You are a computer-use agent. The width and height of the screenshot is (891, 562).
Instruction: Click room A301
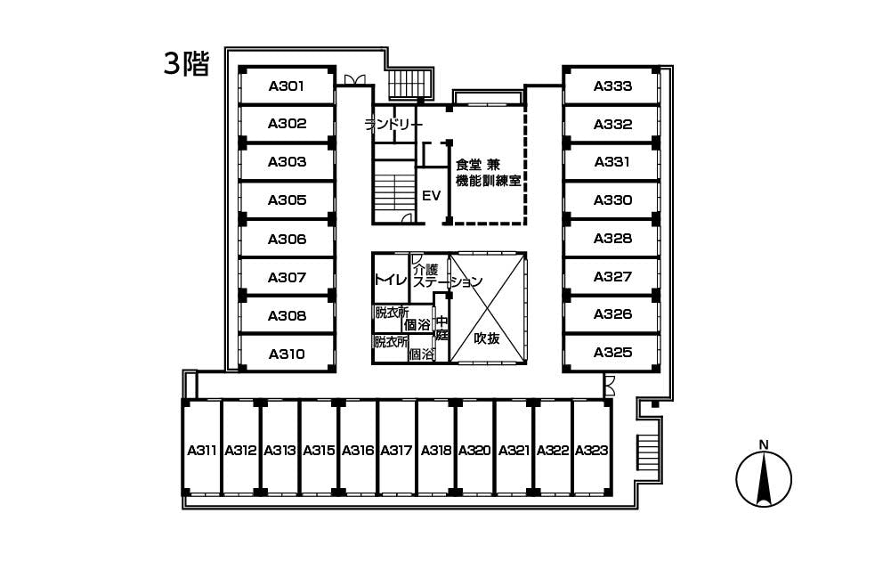pos(287,86)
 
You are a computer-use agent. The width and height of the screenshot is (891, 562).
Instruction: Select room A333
pos(612,86)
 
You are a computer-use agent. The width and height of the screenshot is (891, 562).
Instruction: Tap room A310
pos(287,354)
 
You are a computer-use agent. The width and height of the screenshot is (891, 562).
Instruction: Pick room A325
pos(612,353)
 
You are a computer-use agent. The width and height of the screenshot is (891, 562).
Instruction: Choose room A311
pos(202,451)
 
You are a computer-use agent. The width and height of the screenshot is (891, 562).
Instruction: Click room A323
pos(592,451)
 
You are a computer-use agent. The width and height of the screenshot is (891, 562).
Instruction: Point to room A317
pos(397,451)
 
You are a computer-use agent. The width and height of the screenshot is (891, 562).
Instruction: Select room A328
pos(612,239)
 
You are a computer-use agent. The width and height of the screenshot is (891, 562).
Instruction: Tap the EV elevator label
pos(432,195)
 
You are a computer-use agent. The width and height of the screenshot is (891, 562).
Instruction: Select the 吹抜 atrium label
pos(487,338)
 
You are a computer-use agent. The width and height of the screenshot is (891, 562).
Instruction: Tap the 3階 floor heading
pos(185,63)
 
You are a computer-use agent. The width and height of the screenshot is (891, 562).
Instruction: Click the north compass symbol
pos(763,479)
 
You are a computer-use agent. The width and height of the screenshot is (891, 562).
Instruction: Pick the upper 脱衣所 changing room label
pos(391,313)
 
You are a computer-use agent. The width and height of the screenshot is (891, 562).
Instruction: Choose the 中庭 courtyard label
pos(442,330)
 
